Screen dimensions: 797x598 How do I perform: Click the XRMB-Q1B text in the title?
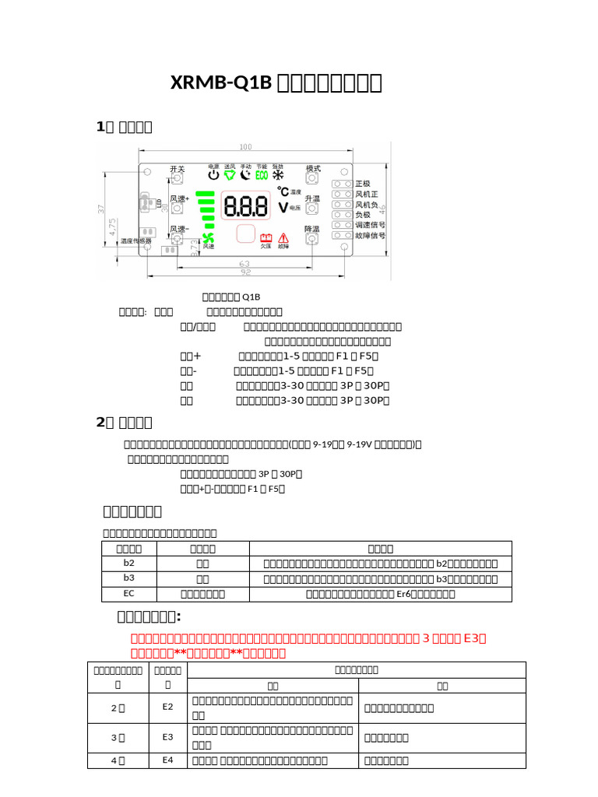point(221,83)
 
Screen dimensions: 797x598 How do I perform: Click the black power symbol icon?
point(214,175)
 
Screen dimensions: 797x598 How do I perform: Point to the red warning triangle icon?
point(283,237)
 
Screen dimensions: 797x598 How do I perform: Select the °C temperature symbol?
point(283,191)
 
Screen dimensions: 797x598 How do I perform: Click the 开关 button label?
point(178,169)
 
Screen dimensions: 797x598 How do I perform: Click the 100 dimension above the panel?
point(245,147)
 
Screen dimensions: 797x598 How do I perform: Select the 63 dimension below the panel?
point(244,264)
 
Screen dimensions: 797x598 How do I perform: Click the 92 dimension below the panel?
point(244,273)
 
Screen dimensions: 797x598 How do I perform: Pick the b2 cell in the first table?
point(130,563)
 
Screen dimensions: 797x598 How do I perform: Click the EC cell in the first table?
point(130,594)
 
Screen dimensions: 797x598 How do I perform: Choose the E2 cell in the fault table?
point(167,707)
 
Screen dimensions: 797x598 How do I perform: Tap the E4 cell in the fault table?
point(167,760)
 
